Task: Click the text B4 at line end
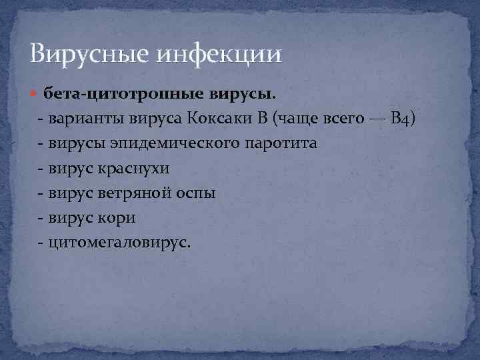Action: point(405,119)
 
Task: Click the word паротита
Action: point(281,144)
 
